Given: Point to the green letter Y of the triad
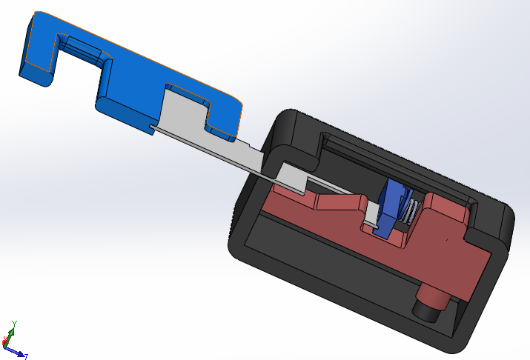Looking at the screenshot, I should (14, 324).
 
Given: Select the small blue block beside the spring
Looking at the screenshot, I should (392, 207).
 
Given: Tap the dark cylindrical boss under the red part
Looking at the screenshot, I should (430, 304).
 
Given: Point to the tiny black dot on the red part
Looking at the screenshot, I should (447, 240).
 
